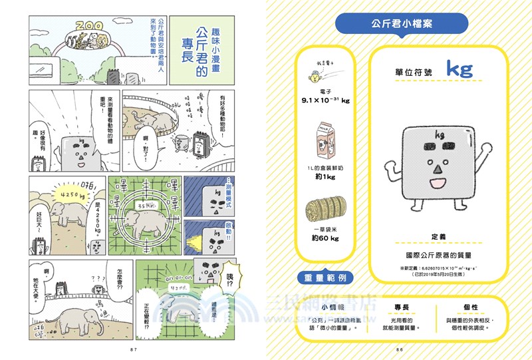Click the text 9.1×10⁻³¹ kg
[x=325, y=100]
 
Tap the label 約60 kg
[x=325, y=238]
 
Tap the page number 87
[x=133, y=349]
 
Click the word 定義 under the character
[x=438, y=236]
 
